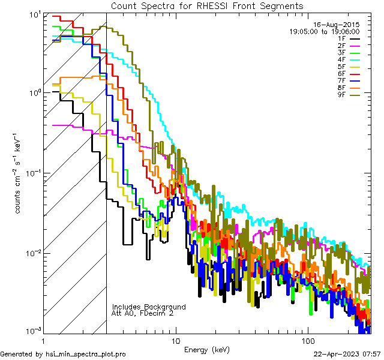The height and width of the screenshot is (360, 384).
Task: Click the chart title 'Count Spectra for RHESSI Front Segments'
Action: [x=207, y=5]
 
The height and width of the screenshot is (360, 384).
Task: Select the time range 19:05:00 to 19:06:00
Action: [x=325, y=31]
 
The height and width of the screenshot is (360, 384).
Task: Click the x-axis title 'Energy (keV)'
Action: [x=207, y=350]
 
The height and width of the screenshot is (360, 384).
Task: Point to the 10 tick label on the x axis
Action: [x=175, y=340]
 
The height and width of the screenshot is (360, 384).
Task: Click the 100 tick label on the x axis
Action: [x=307, y=340]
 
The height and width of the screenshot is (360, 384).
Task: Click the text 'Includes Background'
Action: [x=149, y=307]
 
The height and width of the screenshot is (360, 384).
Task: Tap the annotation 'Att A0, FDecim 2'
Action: [x=143, y=313]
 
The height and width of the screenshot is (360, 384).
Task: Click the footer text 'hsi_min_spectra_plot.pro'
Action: [x=86, y=354]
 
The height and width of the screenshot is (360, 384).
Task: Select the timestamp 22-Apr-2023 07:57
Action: [x=347, y=354]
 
